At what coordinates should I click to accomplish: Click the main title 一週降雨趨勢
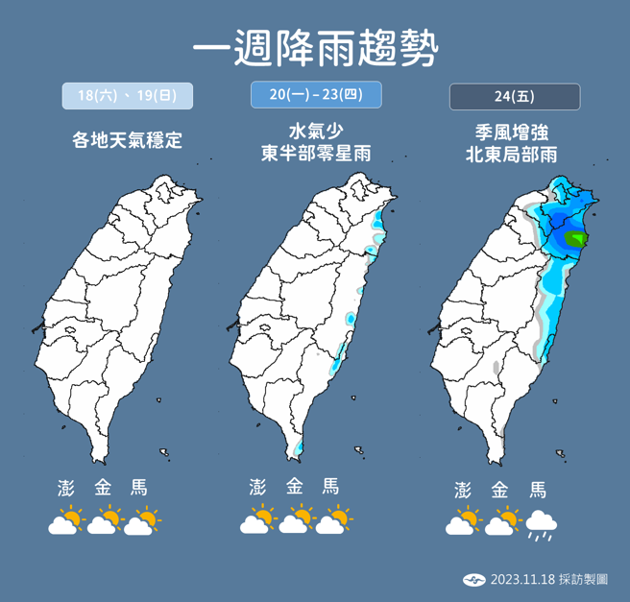pyautogui.click(x=315, y=46)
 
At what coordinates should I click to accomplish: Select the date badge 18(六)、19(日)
pyautogui.click(x=128, y=96)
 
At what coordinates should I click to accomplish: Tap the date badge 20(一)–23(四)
pyautogui.click(x=316, y=96)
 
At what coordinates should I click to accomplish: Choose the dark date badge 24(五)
pyautogui.click(x=515, y=97)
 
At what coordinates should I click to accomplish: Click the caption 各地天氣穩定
pyautogui.click(x=127, y=140)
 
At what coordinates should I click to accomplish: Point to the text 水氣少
pyautogui.click(x=316, y=130)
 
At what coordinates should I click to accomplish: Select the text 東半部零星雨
pyautogui.click(x=316, y=153)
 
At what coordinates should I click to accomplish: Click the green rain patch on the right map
pyautogui.click(x=576, y=238)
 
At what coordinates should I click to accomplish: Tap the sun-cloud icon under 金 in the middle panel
pyautogui.click(x=297, y=522)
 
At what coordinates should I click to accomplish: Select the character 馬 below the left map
pyautogui.click(x=139, y=488)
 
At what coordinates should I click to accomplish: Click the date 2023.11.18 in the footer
pyautogui.click(x=521, y=579)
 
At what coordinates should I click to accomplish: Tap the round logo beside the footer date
pyautogui.click(x=474, y=579)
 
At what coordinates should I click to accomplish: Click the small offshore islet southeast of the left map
pyautogui.click(x=164, y=451)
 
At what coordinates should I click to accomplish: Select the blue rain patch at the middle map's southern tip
pyautogui.click(x=300, y=447)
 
